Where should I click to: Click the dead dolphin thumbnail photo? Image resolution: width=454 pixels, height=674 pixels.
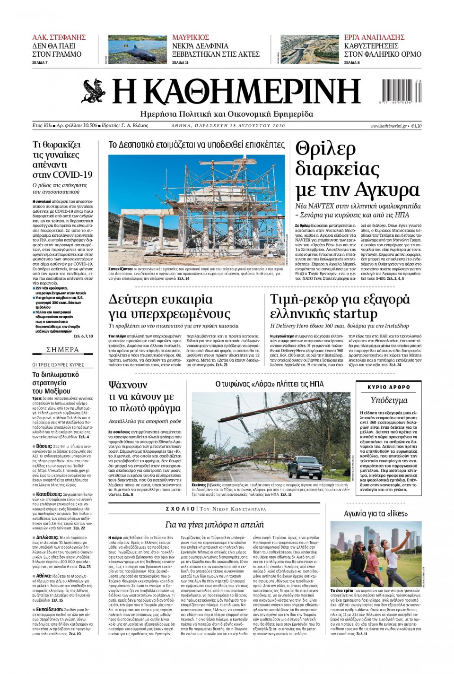pos(137,49)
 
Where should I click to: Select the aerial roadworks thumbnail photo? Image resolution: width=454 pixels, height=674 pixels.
pos(309,49)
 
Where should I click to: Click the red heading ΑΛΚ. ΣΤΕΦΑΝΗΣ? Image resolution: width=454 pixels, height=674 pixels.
pos(59,37)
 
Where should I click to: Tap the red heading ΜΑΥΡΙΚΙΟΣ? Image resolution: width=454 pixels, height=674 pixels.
pos(191,37)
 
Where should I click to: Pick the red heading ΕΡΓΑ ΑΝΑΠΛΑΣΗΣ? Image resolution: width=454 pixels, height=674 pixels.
pos(374,37)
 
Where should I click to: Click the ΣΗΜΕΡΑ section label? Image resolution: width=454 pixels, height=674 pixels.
pos(63,350)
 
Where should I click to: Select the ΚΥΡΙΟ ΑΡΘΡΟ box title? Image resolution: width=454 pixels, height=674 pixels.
pos(389,387)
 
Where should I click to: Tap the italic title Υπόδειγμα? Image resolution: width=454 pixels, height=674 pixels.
pos(389,400)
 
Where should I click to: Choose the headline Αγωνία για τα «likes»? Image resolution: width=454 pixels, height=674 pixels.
pos(375,513)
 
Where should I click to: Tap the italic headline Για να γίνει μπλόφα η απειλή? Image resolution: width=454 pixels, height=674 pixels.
pos(214,525)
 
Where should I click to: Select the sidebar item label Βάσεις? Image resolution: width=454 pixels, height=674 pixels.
pos(44,446)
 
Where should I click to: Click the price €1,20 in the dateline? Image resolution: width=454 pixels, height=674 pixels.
pos(416,126)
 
